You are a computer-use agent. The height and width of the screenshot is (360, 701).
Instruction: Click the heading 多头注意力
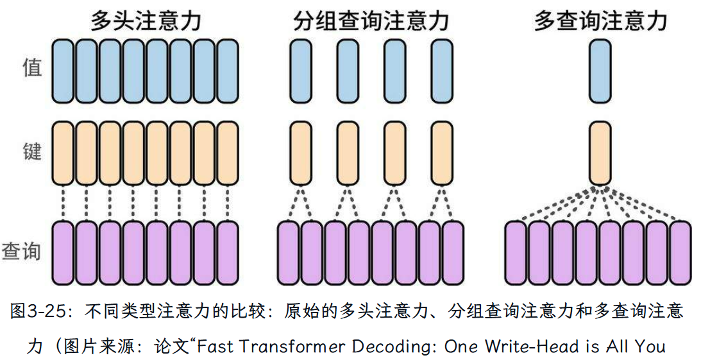click(x=146, y=21)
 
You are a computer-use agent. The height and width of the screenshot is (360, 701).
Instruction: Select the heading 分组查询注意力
click(x=370, y=21)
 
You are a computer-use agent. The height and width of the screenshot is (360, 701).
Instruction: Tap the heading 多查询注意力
click(x=600, y=21)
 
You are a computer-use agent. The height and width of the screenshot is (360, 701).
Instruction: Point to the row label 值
click(x=31, y=67)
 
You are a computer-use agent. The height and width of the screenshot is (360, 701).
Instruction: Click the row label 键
click(x=31, y=152)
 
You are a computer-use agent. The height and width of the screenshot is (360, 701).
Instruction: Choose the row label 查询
click(x=22, y=251)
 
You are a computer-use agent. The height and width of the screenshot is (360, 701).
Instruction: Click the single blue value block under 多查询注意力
click(x=600, y=71)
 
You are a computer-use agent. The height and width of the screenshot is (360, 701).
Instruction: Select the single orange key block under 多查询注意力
click(x=600, y=153)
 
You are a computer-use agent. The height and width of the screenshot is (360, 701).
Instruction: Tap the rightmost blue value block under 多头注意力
click(x=228, y=71)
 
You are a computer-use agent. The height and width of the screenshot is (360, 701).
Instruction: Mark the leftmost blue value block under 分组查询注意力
click(x=300, y=71)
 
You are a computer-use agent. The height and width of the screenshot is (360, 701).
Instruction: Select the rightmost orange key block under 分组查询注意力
click(x=441, y=153)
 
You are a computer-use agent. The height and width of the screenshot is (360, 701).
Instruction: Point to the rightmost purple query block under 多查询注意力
click(x=681, y=252)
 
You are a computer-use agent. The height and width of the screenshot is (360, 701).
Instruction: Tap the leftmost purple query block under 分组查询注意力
click(x=289, y=252)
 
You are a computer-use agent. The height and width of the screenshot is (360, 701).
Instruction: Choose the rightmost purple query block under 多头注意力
click(x=228, y=252)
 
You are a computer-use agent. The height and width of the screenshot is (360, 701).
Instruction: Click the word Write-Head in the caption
click(x=520, y=347)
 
